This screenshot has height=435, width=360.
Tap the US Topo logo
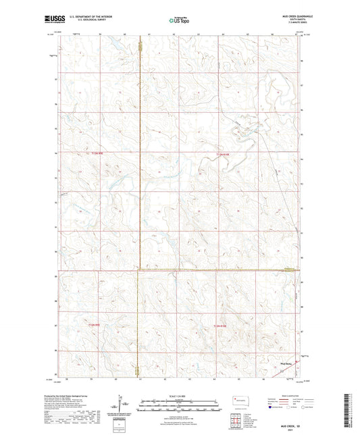pos(180,21)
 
